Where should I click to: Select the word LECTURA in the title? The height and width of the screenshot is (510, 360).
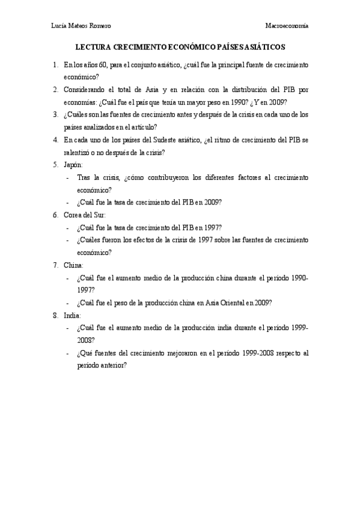[x=93, y=46]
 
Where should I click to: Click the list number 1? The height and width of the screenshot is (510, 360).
[x=55, y=64]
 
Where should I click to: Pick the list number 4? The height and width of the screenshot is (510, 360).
[x=55, y=140]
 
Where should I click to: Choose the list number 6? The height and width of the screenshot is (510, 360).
[x=55, y=215]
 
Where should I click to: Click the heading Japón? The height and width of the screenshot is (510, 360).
[x=73, y=165]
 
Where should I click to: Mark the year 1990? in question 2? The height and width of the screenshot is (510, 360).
[x=245, y=102]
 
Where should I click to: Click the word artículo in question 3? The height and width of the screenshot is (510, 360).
[x=141, y=127]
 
